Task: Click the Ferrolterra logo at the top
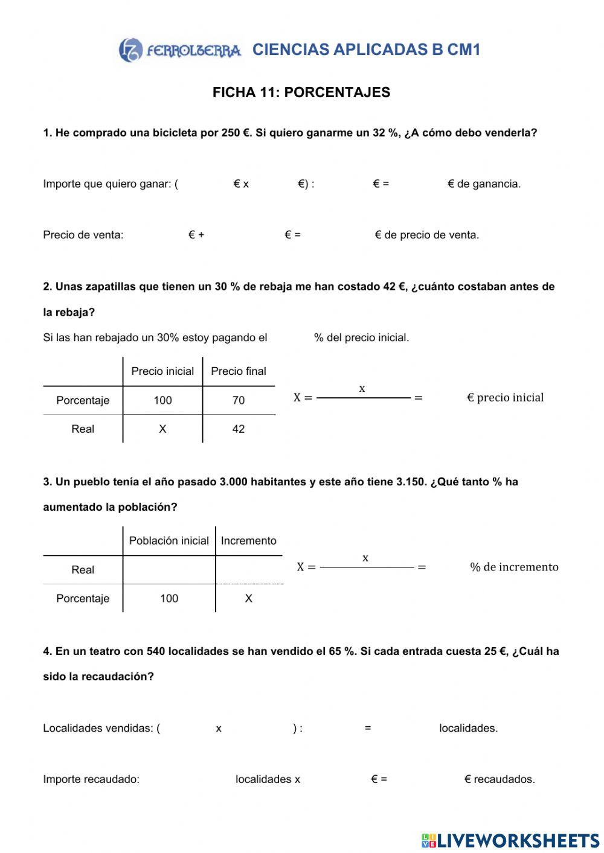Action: coord(179,50)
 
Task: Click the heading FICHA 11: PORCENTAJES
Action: coord(301,92)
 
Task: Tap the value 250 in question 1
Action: coord(231,133)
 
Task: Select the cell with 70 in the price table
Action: coord(239,400)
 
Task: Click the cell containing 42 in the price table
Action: coord(239,429)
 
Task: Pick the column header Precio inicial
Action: coord(162,371)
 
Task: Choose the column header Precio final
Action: coord(239,371)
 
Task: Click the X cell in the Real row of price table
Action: coord(162,429)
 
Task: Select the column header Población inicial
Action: coord(169,541)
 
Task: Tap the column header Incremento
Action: coord(248,541)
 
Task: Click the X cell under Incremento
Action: coord(248,598)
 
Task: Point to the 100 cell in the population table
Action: coord(169,598)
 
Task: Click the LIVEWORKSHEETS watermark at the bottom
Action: coord(510,840)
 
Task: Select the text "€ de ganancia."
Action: coord(484,184)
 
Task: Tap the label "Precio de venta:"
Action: coord(83,235)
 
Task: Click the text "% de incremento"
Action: coord(514,567)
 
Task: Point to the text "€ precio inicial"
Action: coord(506,397)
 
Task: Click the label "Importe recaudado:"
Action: coord(91,779)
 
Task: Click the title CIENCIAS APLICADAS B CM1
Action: coord(366,50)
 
